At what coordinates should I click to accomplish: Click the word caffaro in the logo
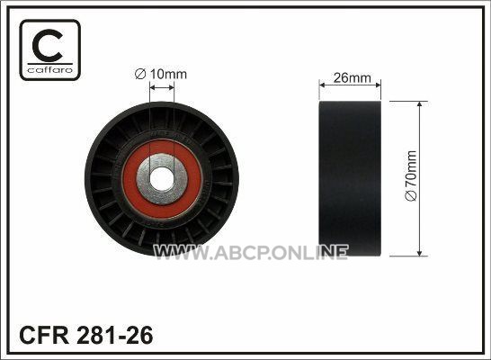coord(50,70)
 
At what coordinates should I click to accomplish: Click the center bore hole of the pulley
coord(162,179)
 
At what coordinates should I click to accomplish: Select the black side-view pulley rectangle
coord(350,178)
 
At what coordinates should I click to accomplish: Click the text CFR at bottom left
coord(44,335)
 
